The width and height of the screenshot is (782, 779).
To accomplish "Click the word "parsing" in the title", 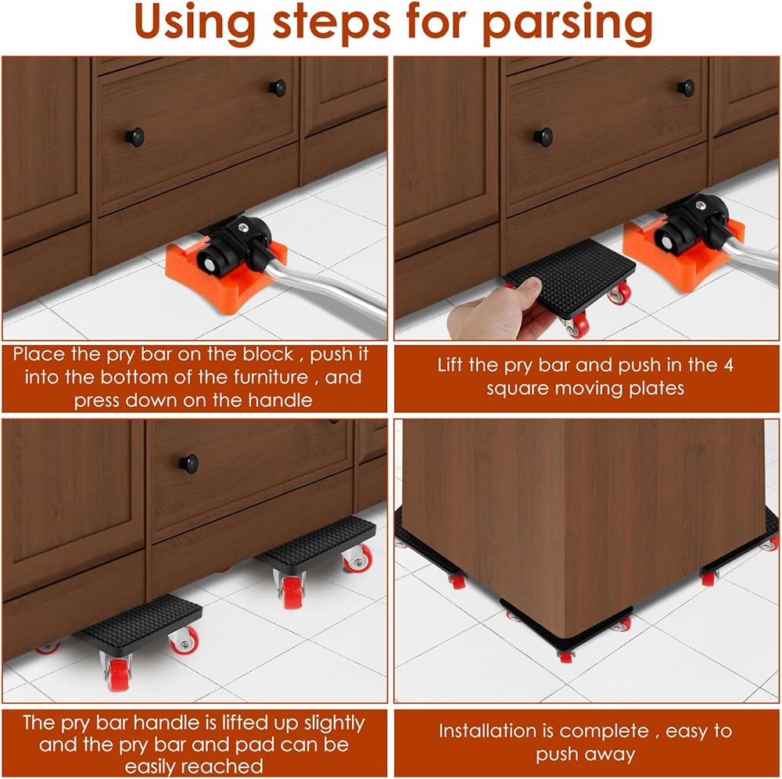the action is (568, 24).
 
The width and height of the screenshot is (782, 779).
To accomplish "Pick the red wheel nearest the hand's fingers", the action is (578, 327).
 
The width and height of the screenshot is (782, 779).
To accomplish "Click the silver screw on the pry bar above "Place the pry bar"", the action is (243, 228).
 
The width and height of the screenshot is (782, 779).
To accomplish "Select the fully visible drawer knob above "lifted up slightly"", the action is (188, 463).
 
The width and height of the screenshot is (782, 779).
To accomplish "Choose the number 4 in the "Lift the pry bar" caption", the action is (728, 365).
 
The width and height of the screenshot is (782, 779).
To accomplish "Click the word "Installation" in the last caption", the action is (493, 731).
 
